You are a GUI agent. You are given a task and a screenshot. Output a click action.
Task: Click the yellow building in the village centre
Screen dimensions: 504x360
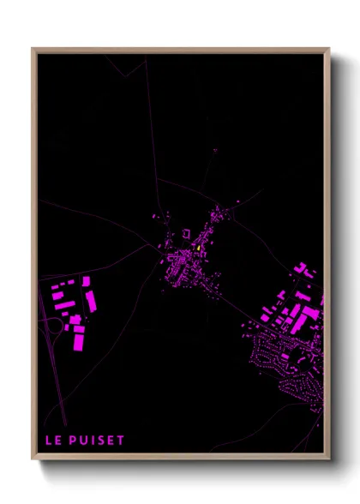pyautogui.click(x=198, y=246)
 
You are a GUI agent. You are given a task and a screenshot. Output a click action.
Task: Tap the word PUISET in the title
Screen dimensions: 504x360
pyautogui.click(x=99, y=442)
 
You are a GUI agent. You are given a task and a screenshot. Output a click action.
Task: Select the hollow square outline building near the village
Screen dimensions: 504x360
pyautogui.click(x=183, y=233)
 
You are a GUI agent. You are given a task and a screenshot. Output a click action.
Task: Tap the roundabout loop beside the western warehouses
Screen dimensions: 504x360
pyautogui.click(x=54, y=325)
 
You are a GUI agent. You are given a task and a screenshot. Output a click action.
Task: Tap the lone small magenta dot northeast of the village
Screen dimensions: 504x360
pyautogui.click(x=214, y=152)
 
